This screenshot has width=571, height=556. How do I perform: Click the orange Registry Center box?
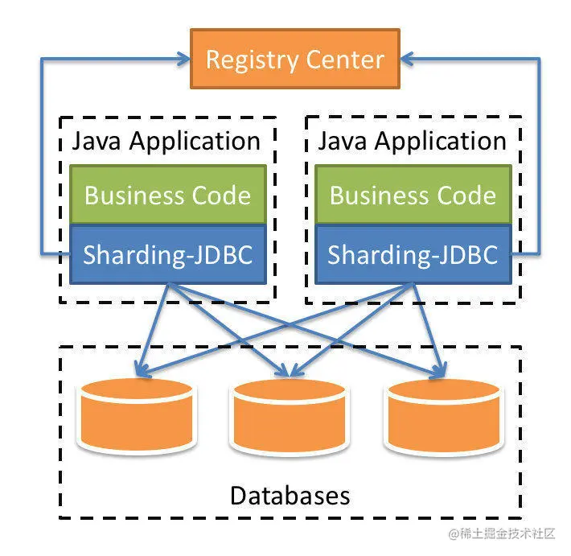tap(294, 60)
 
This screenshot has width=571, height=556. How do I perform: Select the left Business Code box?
tap(167, 195)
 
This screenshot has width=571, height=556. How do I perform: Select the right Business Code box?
tap(413, 195)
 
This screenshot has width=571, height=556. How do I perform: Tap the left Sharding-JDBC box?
tap(167, 254)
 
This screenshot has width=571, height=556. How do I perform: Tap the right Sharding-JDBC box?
tap(413, 254)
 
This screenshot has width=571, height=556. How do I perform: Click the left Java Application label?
tap(166, 141)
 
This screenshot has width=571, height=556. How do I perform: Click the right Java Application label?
tap(413, 141)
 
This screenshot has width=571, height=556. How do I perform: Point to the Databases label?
tap(290, 494)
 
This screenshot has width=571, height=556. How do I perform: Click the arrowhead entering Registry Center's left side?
tap(183, 59)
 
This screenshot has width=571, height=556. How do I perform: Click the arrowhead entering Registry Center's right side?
tap(407, 59)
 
